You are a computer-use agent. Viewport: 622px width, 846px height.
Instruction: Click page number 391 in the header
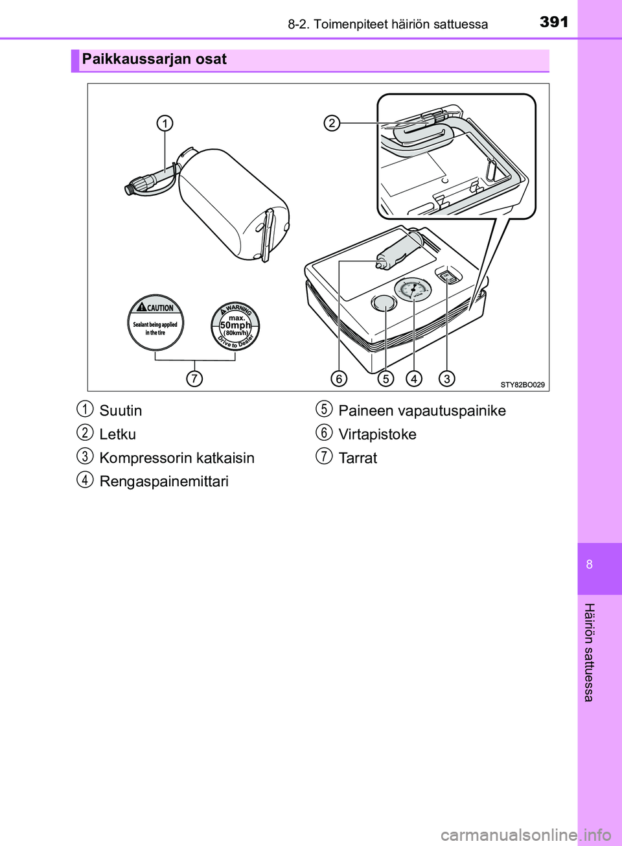[554, 22]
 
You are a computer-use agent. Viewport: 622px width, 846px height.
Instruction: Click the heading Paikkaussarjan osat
[154, 60]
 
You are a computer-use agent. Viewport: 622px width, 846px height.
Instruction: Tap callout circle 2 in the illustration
[332, 123]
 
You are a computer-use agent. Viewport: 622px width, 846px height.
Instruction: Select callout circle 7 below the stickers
[194, 378]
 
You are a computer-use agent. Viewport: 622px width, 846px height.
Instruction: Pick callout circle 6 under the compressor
[338, 378]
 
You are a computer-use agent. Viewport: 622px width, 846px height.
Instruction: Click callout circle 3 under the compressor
[446, 378]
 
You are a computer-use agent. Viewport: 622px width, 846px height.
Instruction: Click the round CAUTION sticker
[155, 322]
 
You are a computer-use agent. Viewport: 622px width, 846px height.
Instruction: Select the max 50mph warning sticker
[236, 325]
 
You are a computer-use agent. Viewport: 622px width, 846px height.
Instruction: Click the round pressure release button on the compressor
[383, 303]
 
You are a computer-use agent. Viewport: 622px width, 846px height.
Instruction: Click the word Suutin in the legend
[121, 411]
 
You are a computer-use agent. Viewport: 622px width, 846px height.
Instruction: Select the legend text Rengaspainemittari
[164, 482]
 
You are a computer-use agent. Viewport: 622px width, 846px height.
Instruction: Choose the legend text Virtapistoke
[377, 434]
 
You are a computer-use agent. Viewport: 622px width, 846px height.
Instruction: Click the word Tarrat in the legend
[358, 458]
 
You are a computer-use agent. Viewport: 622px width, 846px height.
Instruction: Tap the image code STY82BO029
[522, 384]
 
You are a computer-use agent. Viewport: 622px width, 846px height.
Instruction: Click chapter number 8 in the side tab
[590, 564]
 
